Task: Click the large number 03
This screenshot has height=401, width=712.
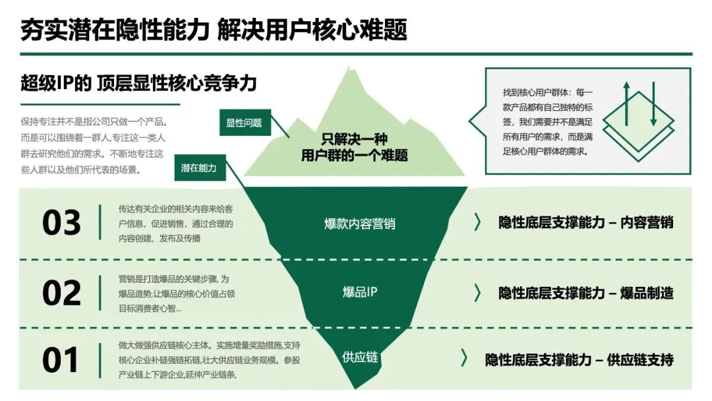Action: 61,223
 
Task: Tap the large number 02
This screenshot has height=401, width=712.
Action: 61,293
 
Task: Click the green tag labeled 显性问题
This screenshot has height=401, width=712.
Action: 244,123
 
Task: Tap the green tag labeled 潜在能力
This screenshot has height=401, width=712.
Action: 199,168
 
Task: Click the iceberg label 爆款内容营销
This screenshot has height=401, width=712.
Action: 360,224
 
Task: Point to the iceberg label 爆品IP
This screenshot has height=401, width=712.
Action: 360,292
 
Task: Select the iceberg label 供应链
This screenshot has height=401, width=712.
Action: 360,357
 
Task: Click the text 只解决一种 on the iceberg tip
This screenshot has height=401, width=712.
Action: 355,140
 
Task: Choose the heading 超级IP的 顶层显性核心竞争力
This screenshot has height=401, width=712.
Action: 138,84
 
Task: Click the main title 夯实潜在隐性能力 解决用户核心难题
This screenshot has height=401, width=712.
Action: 214,30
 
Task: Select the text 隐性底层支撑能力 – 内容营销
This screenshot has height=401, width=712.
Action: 585,222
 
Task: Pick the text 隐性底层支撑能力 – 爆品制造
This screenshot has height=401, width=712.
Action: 585,293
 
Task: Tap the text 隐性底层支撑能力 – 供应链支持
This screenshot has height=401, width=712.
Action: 579,360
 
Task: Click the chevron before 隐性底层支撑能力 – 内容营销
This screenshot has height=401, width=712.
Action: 478,222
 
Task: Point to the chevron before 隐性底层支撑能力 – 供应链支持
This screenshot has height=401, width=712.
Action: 464,359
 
